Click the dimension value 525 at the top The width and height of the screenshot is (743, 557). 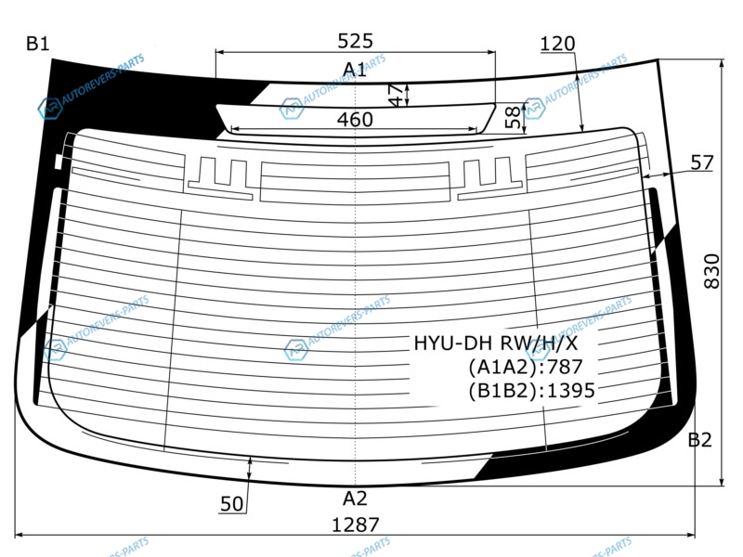[x=356, y=41]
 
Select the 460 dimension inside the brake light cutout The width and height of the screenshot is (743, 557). [x=355, y=120]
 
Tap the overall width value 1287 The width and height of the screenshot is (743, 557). [x=356, y=525]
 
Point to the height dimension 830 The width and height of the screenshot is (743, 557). [x=711, y=271]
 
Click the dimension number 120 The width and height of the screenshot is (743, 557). [x=558, y=44]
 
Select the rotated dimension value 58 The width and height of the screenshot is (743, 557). [x=513, y=118]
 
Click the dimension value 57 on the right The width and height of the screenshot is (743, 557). [x=702, y=162]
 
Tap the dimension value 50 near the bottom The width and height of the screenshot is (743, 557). [x=231, y=504]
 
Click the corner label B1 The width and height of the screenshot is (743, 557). [x=38, y=44]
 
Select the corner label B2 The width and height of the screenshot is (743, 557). [x=699, y=440]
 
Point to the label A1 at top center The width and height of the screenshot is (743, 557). [x=355, y=70]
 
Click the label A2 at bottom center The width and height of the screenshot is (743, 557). [x=355, y=499]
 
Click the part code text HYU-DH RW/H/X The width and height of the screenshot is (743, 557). [x=496, y=343]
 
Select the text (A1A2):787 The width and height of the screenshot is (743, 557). [x=526, y=367]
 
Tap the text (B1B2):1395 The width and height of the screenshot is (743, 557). [x=531, y=390]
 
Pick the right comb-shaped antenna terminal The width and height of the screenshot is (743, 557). [x=489, y=178]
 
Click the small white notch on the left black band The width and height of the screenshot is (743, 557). [x=59, y=161]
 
